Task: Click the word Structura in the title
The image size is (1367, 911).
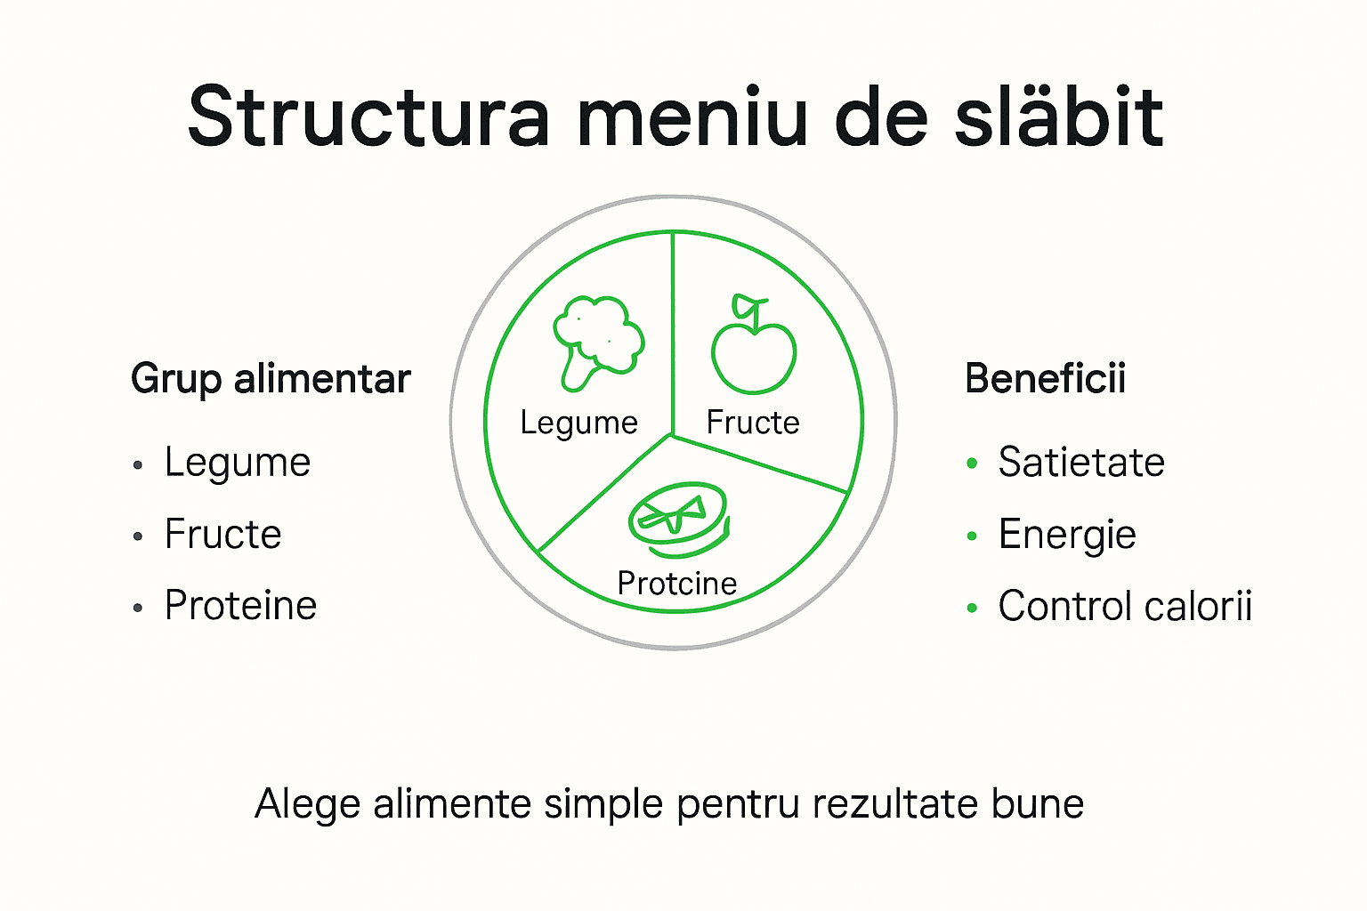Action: click(x=369, y=117)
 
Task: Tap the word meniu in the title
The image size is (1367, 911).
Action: click(x=692, y=117)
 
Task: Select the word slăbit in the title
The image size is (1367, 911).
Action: click(x=1058, y=117)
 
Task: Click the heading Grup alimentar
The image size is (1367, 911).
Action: click(x=271, y=379)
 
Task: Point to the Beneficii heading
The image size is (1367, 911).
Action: click(x=1045, y=379)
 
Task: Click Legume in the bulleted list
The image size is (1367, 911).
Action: click(x=238, y=463)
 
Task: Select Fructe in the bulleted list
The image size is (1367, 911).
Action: click(x=223, y=535)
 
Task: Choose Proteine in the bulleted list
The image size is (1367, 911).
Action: click(x=240, y=606)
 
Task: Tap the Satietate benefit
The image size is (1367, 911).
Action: click(x=1081, y=463)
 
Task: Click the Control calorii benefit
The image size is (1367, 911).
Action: click(x=1125, y=606)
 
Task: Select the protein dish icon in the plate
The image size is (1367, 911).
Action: click(x=678, y=520)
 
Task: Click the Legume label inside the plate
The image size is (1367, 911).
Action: click(x=579, y=423)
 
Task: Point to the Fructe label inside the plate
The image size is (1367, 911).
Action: click(x=753, y=423)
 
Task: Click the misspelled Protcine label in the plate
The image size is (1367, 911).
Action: click(x=677, y=584)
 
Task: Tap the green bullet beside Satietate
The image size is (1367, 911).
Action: click(x=972, y=464)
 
